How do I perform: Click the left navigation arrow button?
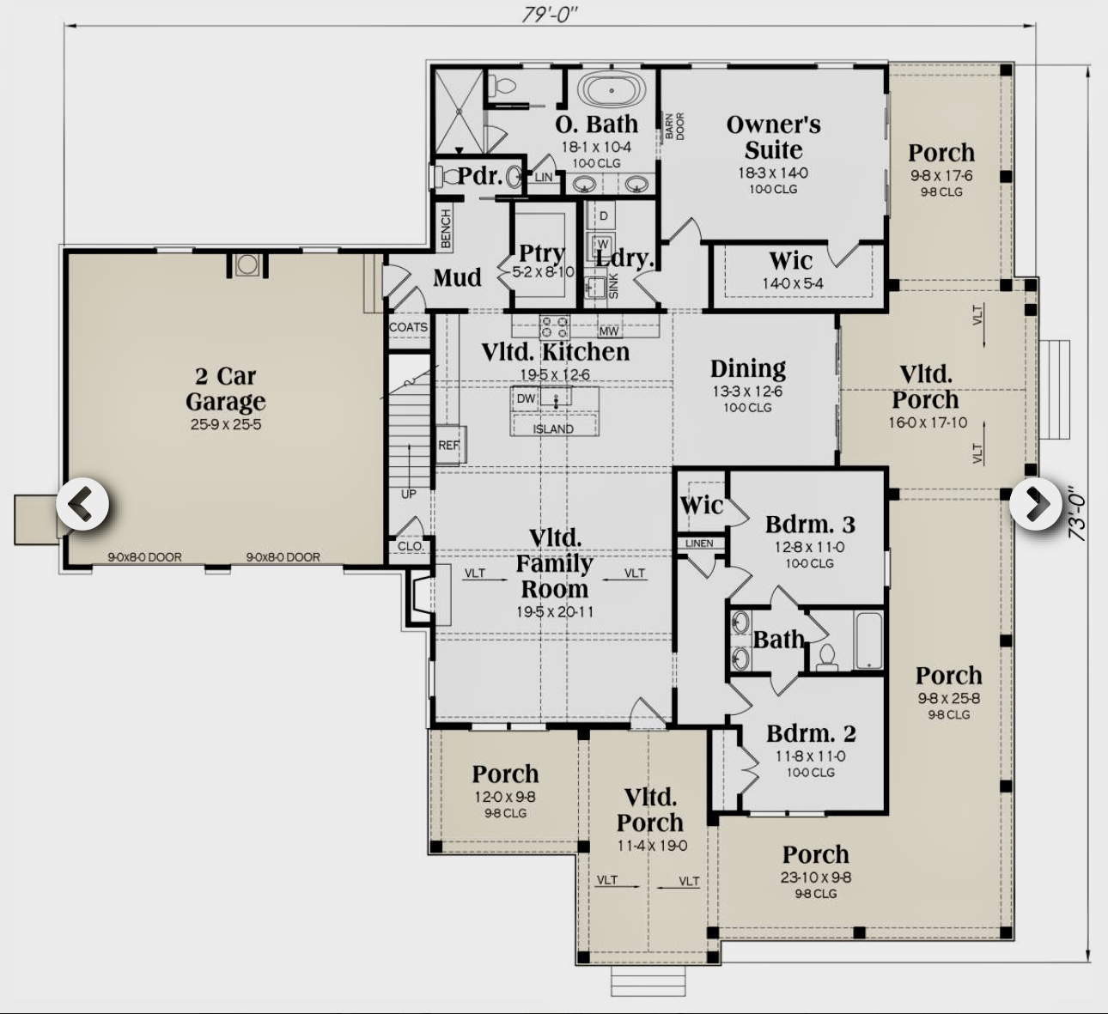point(82,506)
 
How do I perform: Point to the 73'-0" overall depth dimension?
point(1078,513)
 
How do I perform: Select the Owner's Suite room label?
point(773,137)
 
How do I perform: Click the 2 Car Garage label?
point(225,389)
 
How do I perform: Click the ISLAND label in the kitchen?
point(553,428)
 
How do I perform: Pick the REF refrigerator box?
point(449,445)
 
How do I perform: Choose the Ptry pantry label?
point(541,254)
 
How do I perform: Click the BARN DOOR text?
point(674,126)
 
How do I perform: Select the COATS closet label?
point(408,327)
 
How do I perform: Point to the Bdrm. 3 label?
point(809,525)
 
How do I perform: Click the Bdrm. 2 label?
point(810,734)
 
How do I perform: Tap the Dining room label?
point(747,369)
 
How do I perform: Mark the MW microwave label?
point(609,331)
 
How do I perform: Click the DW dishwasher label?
point(526,399)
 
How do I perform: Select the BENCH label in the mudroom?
point(446,228)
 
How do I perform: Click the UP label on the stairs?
point(408,495)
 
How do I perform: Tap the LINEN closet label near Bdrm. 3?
point(699,543)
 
